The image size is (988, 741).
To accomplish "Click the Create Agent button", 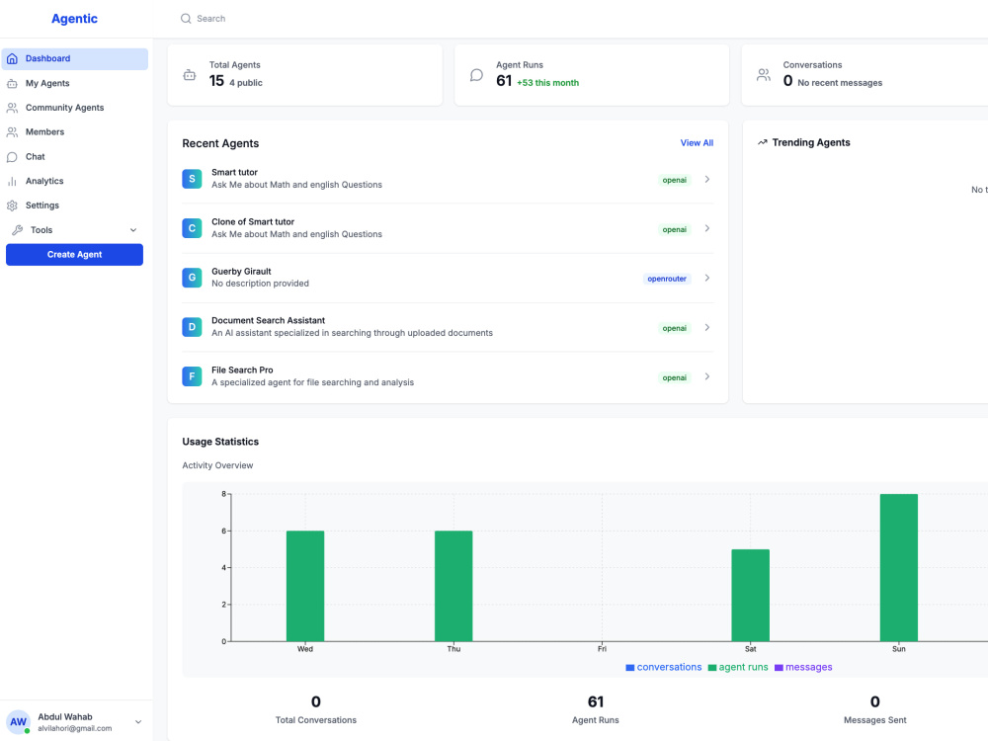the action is point(74,255).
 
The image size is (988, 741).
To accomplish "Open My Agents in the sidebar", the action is point(47,83).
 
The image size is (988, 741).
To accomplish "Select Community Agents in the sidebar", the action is point(64,108).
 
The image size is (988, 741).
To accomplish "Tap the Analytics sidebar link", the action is point(44,181).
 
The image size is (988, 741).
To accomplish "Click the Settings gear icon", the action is point(12,206).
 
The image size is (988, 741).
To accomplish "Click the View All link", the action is point(697,143).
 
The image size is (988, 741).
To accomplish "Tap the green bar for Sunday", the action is point(898,568).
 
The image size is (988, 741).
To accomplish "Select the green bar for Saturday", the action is point(750,596).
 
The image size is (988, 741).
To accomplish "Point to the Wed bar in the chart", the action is point(305,586).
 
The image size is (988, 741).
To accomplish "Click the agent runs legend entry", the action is point(738,667).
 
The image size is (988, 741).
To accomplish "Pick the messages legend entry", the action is point(803,667).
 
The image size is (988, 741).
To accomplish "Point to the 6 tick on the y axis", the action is point(223,532).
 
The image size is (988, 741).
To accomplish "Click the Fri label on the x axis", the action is point(602,649).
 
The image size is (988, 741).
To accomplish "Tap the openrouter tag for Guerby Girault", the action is point(667,279).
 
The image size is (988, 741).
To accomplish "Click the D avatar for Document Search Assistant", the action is point(192,327).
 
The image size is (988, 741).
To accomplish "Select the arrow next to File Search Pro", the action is point(707,376).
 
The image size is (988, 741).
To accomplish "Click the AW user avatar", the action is point(18,722).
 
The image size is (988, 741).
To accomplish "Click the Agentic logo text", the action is point(74,19).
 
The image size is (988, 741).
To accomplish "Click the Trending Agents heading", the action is point(811,142).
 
